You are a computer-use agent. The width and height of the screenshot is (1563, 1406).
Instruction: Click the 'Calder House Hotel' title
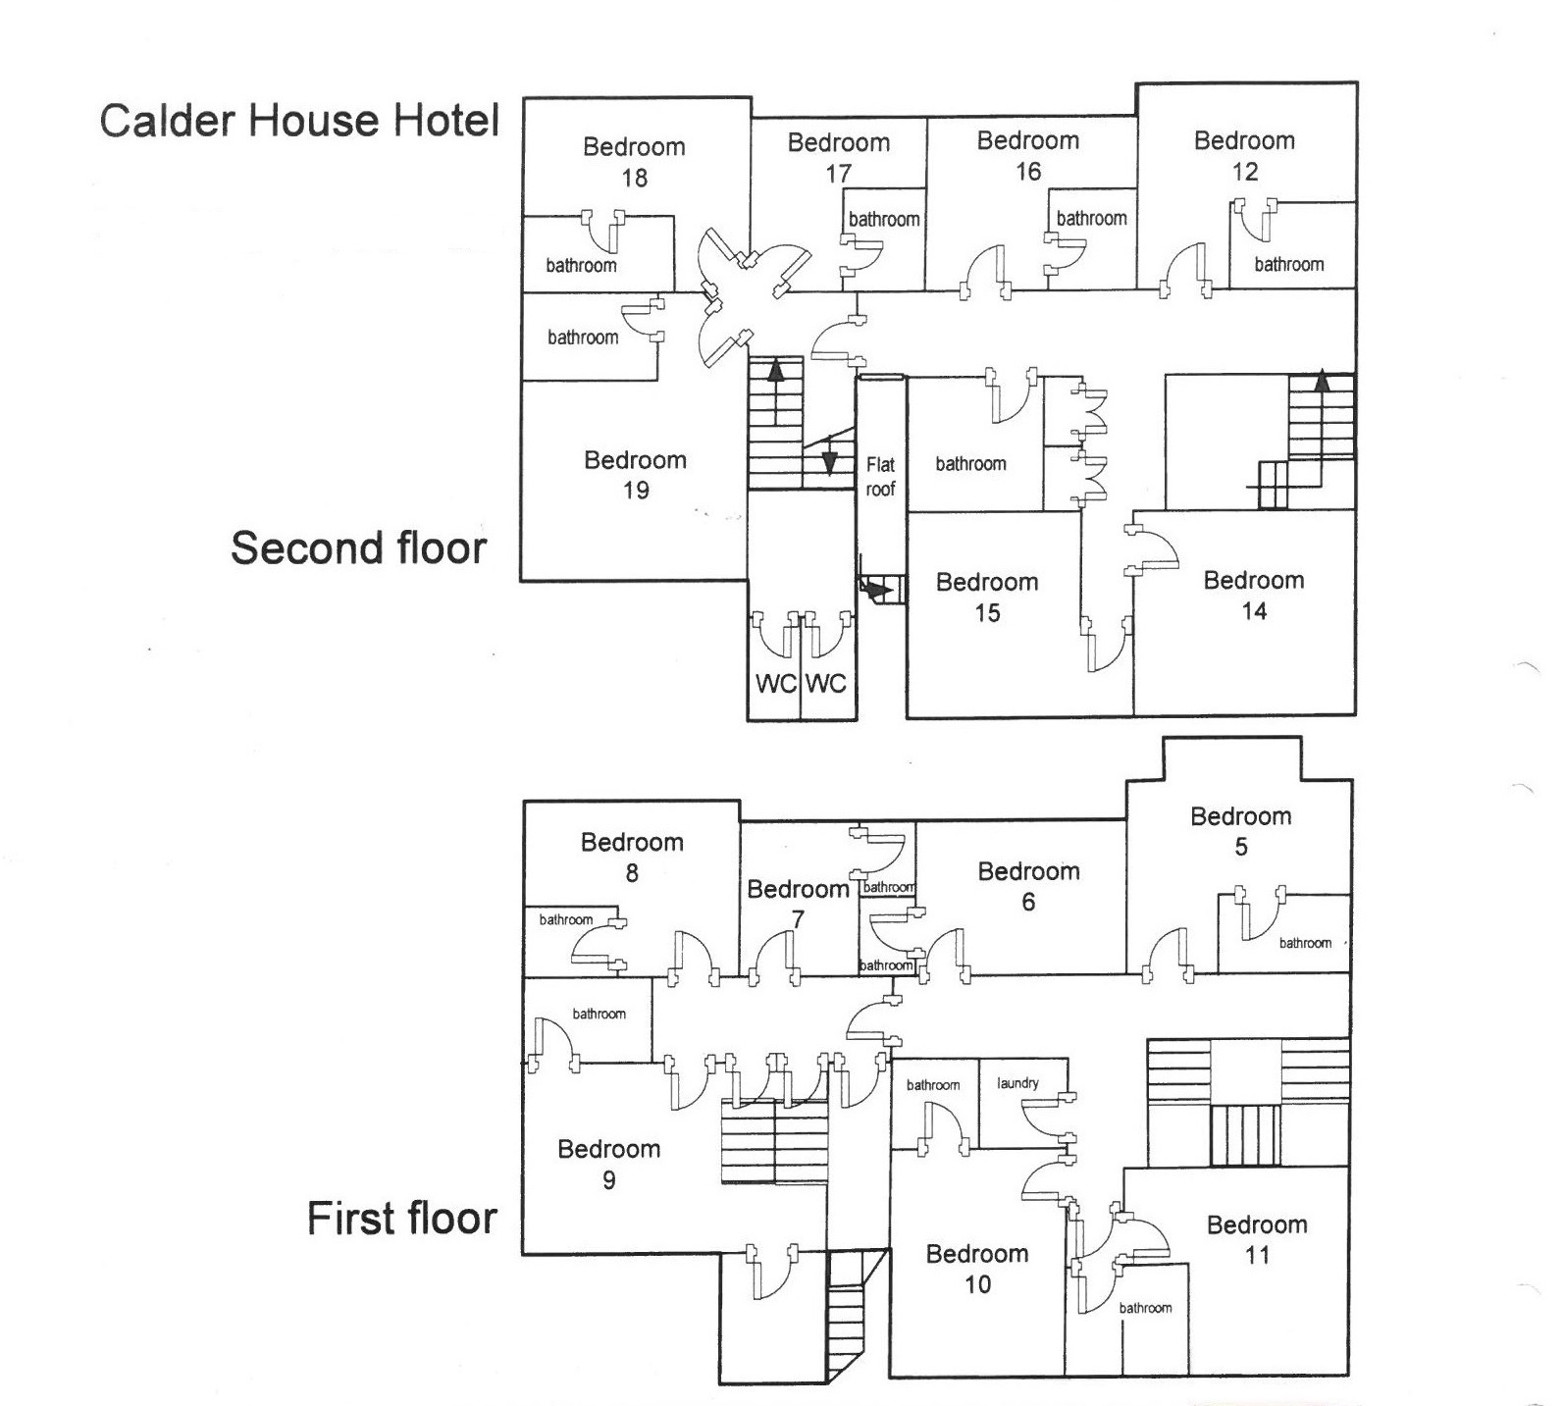pyautogui.click(x=299, y=121)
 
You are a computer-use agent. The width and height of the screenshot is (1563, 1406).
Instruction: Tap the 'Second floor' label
pyautogui.click(x=358, y=547)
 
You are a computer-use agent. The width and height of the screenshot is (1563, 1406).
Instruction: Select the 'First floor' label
pyautogui.click(x=401, y=1218)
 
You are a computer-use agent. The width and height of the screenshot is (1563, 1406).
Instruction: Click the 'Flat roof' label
pyautogui.click(x=880, y=476)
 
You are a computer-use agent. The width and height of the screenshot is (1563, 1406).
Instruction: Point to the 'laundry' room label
pyautogui.click(x=1017, y=1083)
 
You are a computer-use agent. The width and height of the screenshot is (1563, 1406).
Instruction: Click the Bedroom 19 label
pyautogui.click(x=635, y=474)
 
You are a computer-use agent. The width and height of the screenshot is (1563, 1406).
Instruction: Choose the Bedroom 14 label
pyautogui.click(x=1254, y=595)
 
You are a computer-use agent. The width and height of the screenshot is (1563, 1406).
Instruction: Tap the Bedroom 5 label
pyautogui.click(x=1240, y=830)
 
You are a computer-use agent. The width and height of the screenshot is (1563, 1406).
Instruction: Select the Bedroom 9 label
pyautogui.click(x=608, y=1164)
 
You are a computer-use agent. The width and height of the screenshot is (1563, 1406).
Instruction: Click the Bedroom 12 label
pyautogui.click(x=1244, y=155)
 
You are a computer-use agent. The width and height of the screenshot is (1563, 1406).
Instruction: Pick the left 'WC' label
pyautogui.click(x=775, y=683)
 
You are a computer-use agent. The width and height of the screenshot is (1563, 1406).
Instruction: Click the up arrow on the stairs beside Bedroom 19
pyautogui.click(x=776, y=371)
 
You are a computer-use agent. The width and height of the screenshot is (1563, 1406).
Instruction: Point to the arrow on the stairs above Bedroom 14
pyautogui.click(x=1322, y=380)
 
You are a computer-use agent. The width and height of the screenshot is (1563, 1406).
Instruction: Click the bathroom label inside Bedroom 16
pyautogui.click(x=1091, y=218)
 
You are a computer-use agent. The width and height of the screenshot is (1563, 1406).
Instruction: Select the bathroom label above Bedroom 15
pyautogui.click(x=970, y=463)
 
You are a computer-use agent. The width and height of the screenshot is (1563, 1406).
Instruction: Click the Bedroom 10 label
pyautogui.click(x=977, y=1268)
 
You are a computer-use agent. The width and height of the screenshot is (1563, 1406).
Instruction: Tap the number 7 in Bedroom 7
pyautogui.click(x=798, y=919)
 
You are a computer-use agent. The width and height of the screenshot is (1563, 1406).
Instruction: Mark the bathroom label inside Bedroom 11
pyautogui.click(x=1145, y=1308)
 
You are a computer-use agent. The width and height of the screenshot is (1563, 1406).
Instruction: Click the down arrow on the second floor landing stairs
pyautogui.click(x=829, y=461)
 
